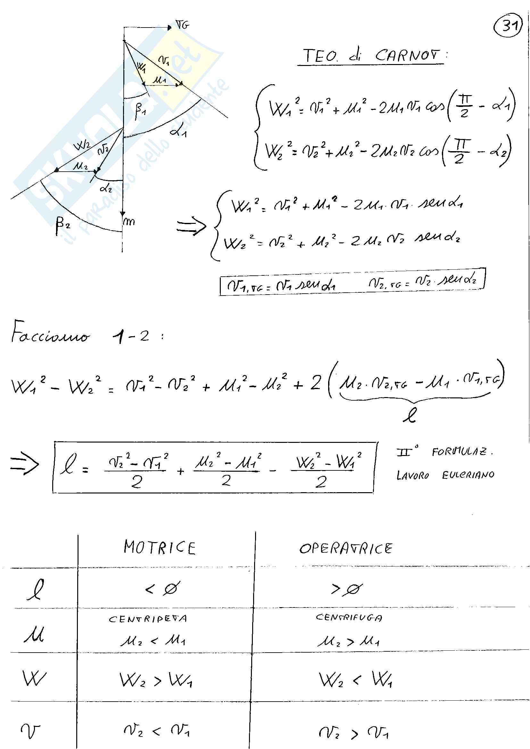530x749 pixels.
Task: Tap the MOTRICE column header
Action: (159, 547)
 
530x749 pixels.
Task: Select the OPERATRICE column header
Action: (346, 548)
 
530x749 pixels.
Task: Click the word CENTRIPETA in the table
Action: (148, 619)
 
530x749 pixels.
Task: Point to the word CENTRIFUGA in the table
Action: (349, 617)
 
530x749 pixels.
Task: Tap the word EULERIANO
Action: (468, 475)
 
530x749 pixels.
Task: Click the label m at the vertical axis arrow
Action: (129, 222)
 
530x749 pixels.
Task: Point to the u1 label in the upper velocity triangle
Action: (160, 79)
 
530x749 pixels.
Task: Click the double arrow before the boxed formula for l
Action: (24, 464)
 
